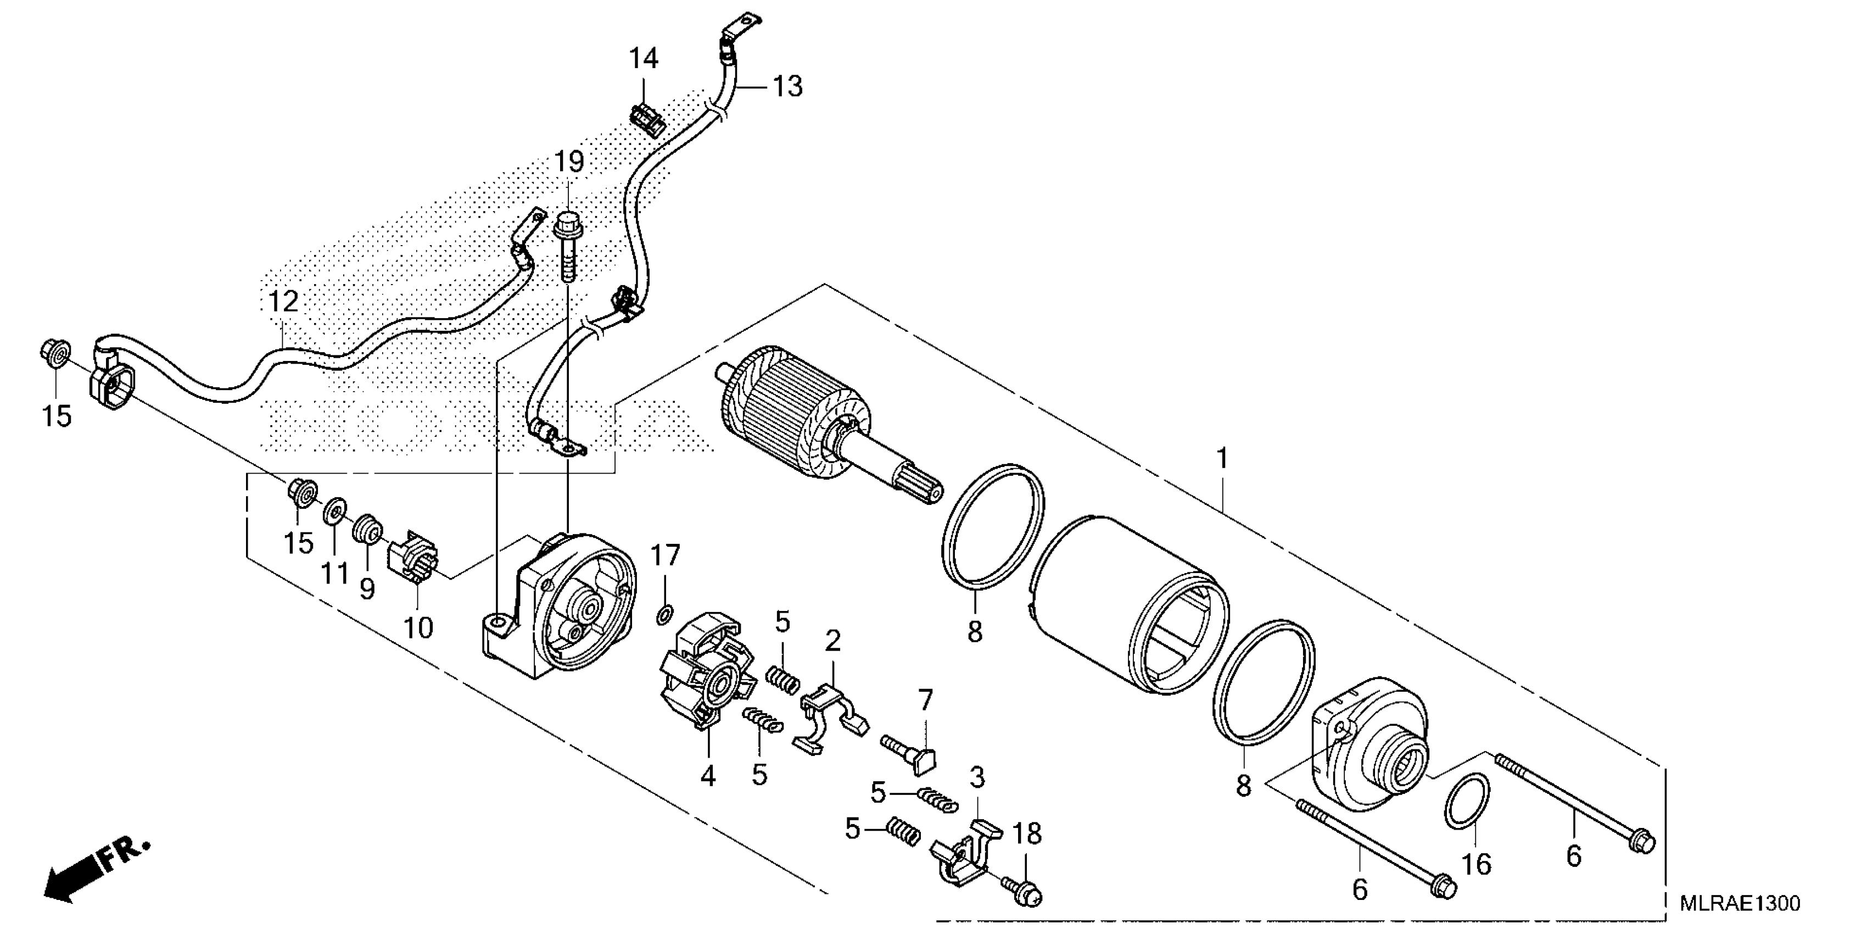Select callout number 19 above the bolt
click(x=569, y=162)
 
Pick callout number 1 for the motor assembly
click(x=1222, y=458)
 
